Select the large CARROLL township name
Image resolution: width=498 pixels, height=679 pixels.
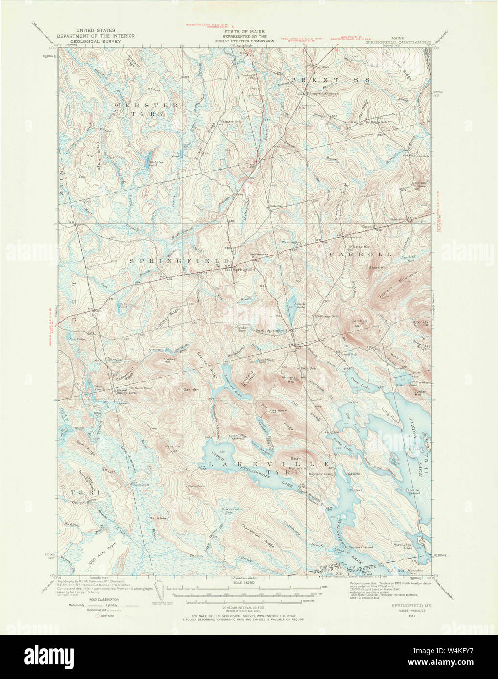(x=361, y=255)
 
